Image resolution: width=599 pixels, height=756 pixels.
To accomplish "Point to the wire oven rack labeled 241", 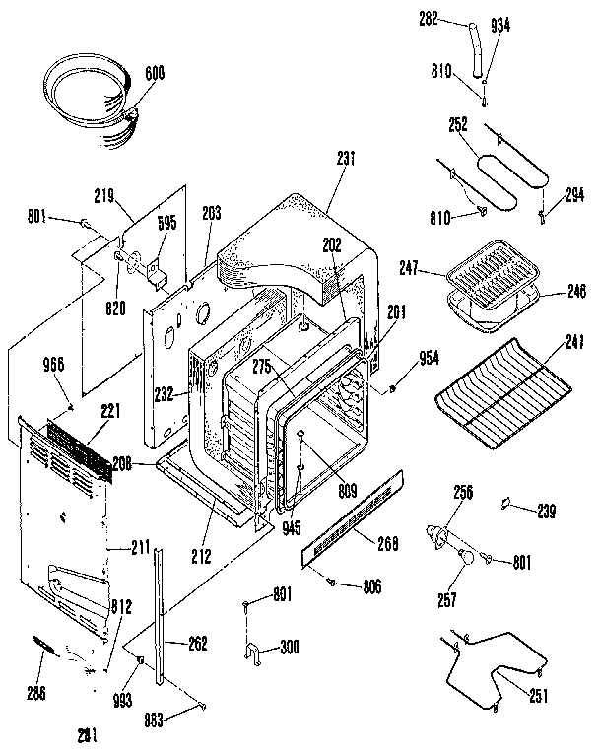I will [x=503, y=388].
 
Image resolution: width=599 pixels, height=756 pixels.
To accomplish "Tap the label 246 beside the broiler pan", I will [x=575, y=292].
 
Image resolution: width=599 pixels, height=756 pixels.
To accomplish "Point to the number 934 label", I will [x=501, y=26].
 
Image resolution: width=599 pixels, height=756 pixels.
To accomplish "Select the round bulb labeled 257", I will [x=466, y=559].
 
